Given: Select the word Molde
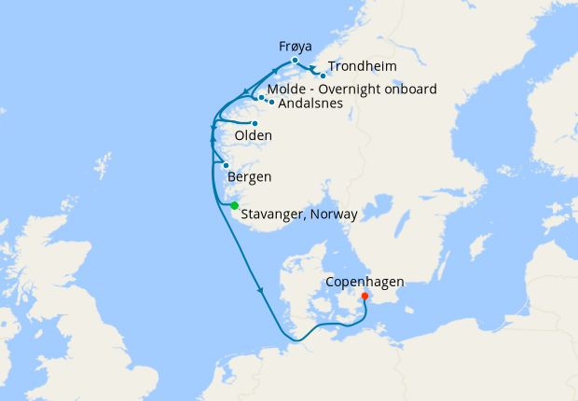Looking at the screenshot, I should point(285,90).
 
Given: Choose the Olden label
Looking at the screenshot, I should point(253,136).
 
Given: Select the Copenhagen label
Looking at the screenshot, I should point(364,281).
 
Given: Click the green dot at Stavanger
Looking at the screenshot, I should point(235,205).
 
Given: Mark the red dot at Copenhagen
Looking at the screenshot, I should point(365,297).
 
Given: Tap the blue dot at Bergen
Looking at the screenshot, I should point(226,165).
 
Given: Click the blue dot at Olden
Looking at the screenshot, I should point(255,123).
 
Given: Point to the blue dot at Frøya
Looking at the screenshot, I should point(295,60).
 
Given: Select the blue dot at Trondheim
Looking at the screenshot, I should point(323,76).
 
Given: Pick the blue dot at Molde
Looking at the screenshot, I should point(261,97).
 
